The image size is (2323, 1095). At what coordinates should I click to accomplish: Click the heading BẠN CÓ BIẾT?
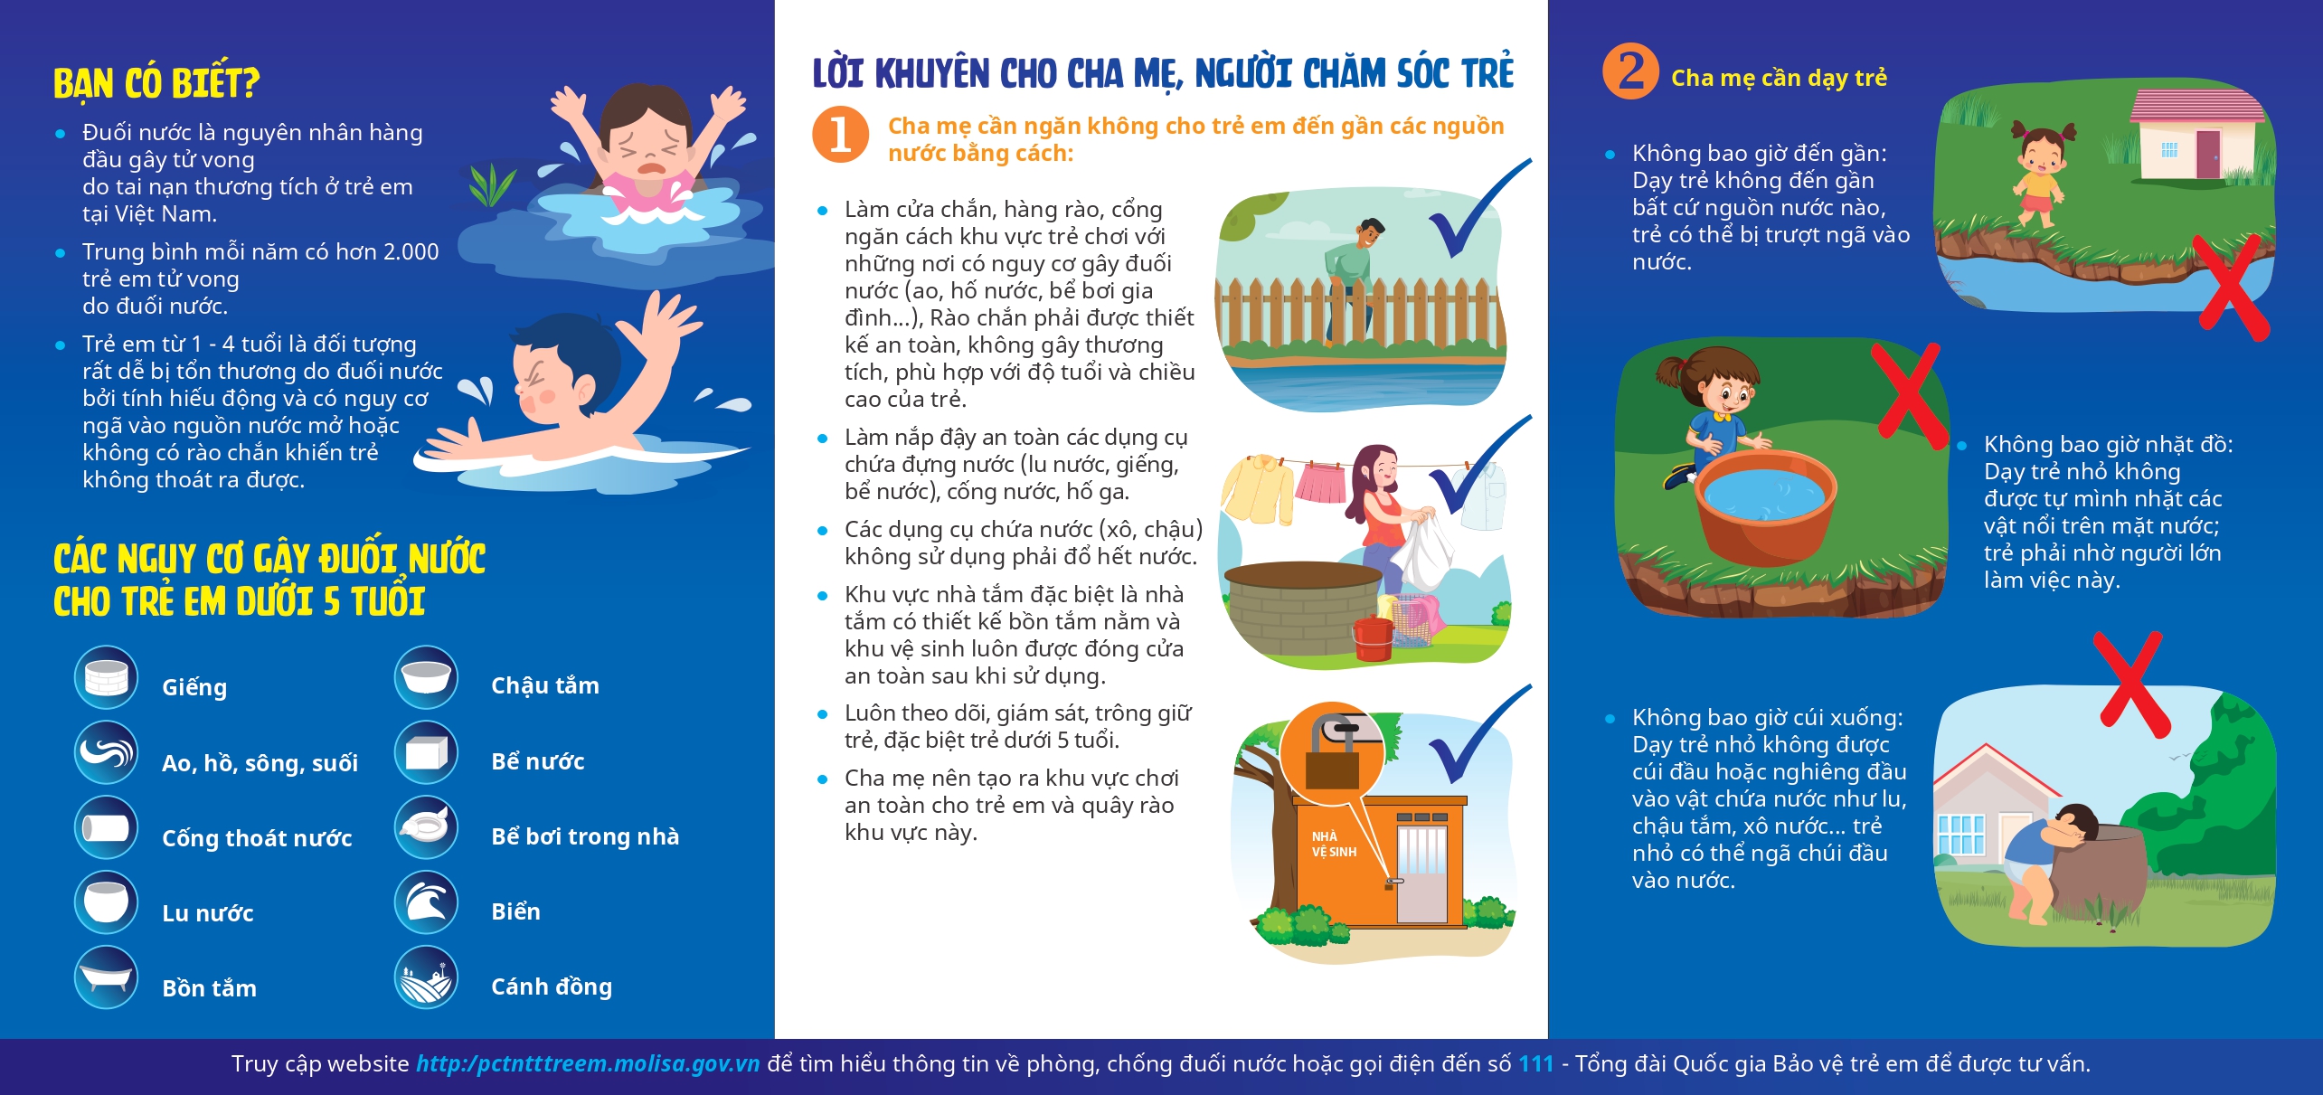coord(156,82)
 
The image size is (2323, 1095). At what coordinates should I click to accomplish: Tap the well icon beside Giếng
coord(107,677)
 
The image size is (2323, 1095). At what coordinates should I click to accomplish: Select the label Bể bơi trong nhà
coord(585,836)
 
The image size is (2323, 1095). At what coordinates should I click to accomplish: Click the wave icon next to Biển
coord(426,902)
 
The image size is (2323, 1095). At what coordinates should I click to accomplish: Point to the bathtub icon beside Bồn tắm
coord(107,977)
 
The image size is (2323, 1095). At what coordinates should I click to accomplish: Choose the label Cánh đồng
coord(552,986)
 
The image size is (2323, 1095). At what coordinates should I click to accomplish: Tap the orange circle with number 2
coord(1630,71)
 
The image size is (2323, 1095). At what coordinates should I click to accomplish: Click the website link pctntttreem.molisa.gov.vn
coord(588,1063)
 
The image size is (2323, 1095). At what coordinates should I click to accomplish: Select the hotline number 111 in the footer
coord(1536,1063)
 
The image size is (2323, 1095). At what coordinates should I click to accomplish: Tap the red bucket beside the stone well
coord(1374,637)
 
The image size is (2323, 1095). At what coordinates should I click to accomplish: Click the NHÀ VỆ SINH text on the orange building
coord(1334,844)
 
